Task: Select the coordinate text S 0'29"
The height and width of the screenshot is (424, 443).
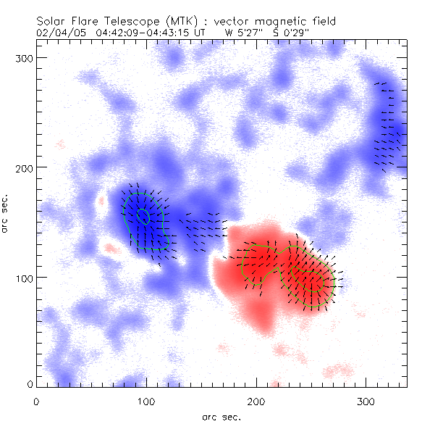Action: (291, 32)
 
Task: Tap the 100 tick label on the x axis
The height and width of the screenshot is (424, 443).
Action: (146, 401)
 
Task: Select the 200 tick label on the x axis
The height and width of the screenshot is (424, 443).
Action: (256, 401)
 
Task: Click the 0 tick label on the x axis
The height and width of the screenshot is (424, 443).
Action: (36, 401)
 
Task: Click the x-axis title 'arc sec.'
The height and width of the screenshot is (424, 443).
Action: (221, 416)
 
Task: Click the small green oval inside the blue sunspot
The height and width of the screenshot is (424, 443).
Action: (143, 216)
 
